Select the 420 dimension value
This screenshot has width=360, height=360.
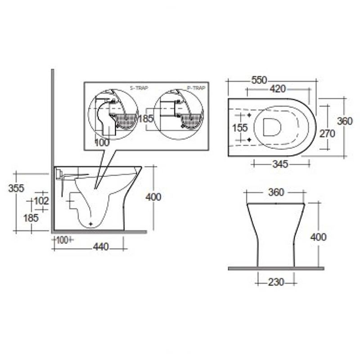point(278,89)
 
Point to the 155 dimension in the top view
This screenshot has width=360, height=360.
point(240,128)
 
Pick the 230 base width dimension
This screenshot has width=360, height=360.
point(276,282)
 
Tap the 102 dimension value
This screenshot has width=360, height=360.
point(41,201)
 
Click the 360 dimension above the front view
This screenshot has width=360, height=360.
point(275,193)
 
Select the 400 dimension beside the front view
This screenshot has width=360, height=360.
point(318,237)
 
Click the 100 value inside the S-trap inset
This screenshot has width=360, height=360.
point(103,143)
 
